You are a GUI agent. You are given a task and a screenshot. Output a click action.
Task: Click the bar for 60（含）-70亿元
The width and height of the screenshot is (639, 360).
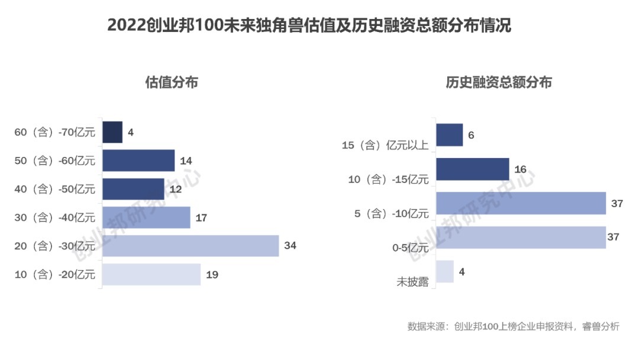pos(112,132)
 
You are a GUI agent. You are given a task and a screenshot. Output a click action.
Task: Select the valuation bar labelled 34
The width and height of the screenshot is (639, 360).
pos(191,246)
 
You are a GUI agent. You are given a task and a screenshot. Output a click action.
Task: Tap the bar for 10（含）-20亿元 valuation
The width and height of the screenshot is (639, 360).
pos(151,275)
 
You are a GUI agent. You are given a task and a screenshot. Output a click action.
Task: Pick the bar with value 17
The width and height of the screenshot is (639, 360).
pos(146,217)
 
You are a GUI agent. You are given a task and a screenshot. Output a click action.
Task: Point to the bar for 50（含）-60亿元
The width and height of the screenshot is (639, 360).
pos(138,160)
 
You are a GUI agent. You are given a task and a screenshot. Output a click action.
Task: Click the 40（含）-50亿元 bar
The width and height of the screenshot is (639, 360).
pos(133,189)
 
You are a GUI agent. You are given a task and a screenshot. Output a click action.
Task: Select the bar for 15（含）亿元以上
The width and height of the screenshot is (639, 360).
pos(450,135)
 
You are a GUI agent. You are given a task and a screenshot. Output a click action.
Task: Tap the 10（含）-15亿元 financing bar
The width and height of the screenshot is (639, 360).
pos(473,169)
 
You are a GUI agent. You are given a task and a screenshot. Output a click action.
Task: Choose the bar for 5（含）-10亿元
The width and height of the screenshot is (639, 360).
pos(521,203)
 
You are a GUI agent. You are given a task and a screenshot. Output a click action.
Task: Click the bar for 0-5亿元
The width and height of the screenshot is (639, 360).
pos(521,237)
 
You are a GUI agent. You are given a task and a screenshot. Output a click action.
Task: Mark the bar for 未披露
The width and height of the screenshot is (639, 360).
pos(445,271)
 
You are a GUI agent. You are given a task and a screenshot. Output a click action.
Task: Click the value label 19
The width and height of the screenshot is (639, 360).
pos(212,275)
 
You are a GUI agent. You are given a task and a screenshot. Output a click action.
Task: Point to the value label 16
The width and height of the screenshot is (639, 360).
pos(521,169)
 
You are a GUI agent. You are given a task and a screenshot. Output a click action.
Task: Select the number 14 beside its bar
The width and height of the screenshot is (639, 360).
pos(186,160)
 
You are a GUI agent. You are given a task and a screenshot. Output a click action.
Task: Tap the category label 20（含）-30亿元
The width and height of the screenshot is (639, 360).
pos(54,246)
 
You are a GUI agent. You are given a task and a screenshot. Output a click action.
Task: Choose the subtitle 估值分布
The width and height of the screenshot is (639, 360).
pos(172,82)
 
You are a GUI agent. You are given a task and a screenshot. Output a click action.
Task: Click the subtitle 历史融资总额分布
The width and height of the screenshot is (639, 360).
pos(499,82)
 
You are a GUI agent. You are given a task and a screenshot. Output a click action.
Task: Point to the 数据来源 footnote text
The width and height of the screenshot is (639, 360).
pos(513,327)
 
